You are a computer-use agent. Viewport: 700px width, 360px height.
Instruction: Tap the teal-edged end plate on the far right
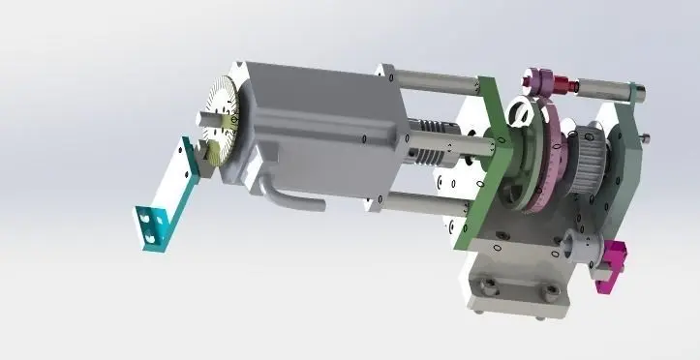coord(624,155)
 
